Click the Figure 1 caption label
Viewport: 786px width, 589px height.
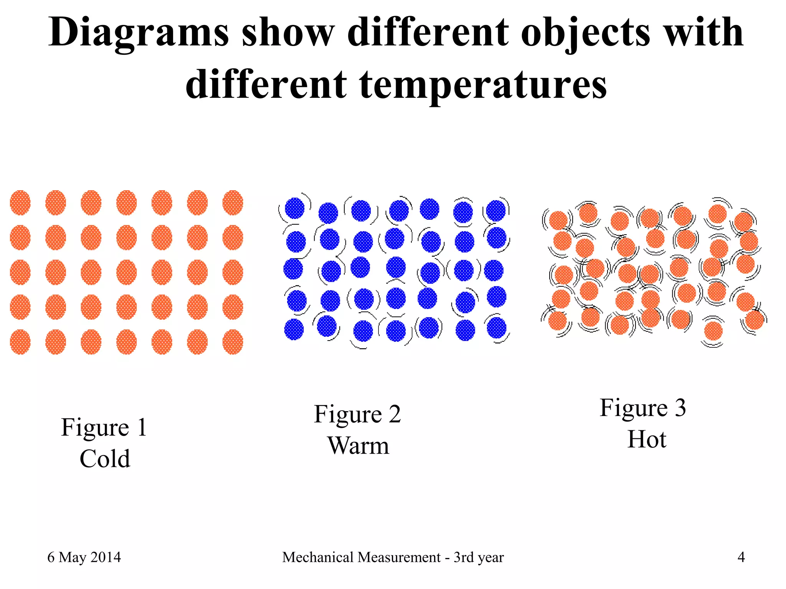pyautogui.click(x=104, y=427)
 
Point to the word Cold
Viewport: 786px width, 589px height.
pyautogui.click(x=105, y=459)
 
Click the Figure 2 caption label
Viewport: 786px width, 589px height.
pyautogui.click(x=357, y=414)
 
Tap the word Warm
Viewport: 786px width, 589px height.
pyautogui.click(x=358, y=446)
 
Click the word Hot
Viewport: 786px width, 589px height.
pyautogui.click(x=647, y=439)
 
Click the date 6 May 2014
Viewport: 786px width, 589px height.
pyautogui.click(x=84, y=557)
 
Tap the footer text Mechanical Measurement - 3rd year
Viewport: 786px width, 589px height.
pyautogui.click(x=393, y=557)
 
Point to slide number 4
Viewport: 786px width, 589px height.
pyautogui.click(x=741, y=557)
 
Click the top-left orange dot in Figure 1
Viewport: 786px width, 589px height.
pyautogui.click(x=20, y=202)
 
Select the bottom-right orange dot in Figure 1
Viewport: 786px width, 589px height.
pyautogui.click(x=233, y=342)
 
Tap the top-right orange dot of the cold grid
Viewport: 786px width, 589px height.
pyautogui.click(x=233, y=202)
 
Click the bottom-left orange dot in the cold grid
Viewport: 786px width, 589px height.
pyautogui.click(x=20, y=342)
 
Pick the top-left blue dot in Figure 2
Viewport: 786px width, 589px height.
pyautogui.click(x=295, y=208)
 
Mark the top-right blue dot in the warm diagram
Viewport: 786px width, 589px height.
pyautogui.click(x=496, y=211)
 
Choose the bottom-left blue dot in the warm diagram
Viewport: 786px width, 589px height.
pyautogui.click(x=294, y=329)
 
